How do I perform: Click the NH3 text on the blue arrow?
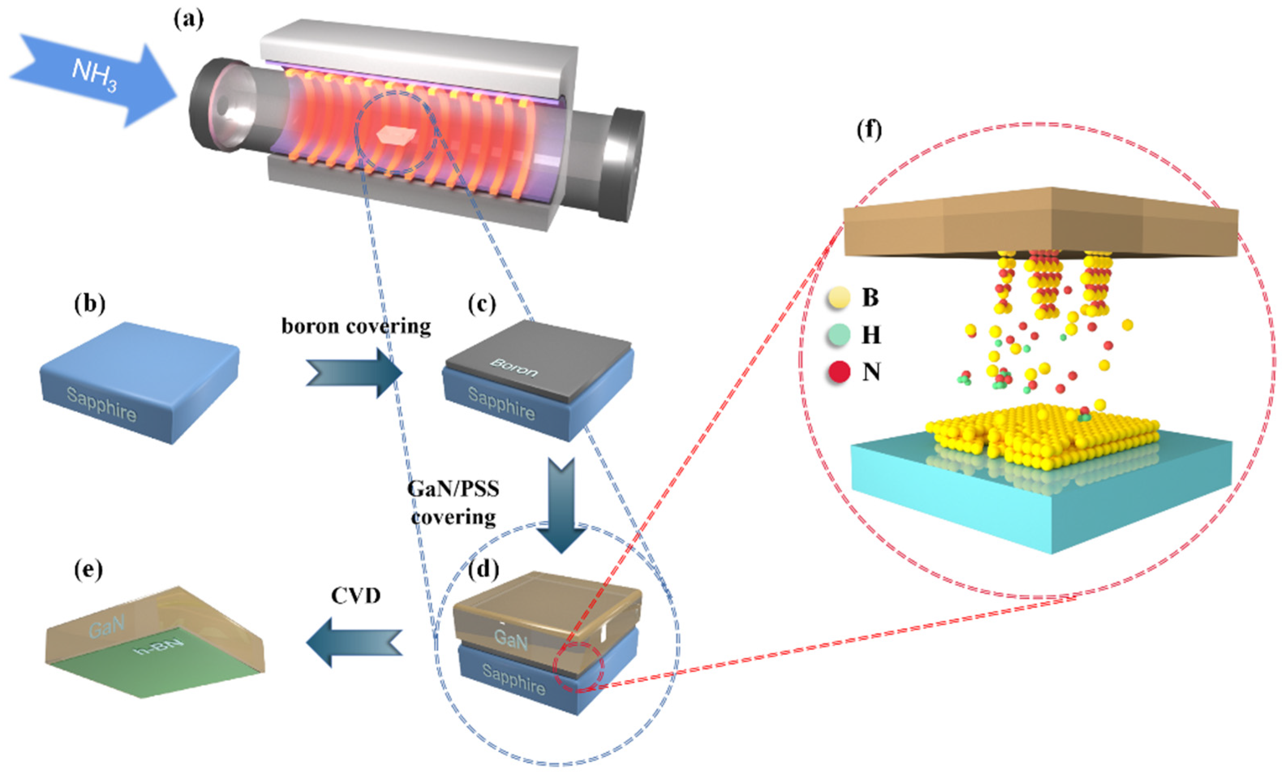point(94,75)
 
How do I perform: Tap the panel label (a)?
point(188,20)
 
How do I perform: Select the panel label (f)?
point(869,130)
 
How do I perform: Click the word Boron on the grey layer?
point(514,368)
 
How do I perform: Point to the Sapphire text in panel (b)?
point(102,405)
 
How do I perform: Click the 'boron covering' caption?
point(356,326)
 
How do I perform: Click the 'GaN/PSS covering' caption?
point(453,503)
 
